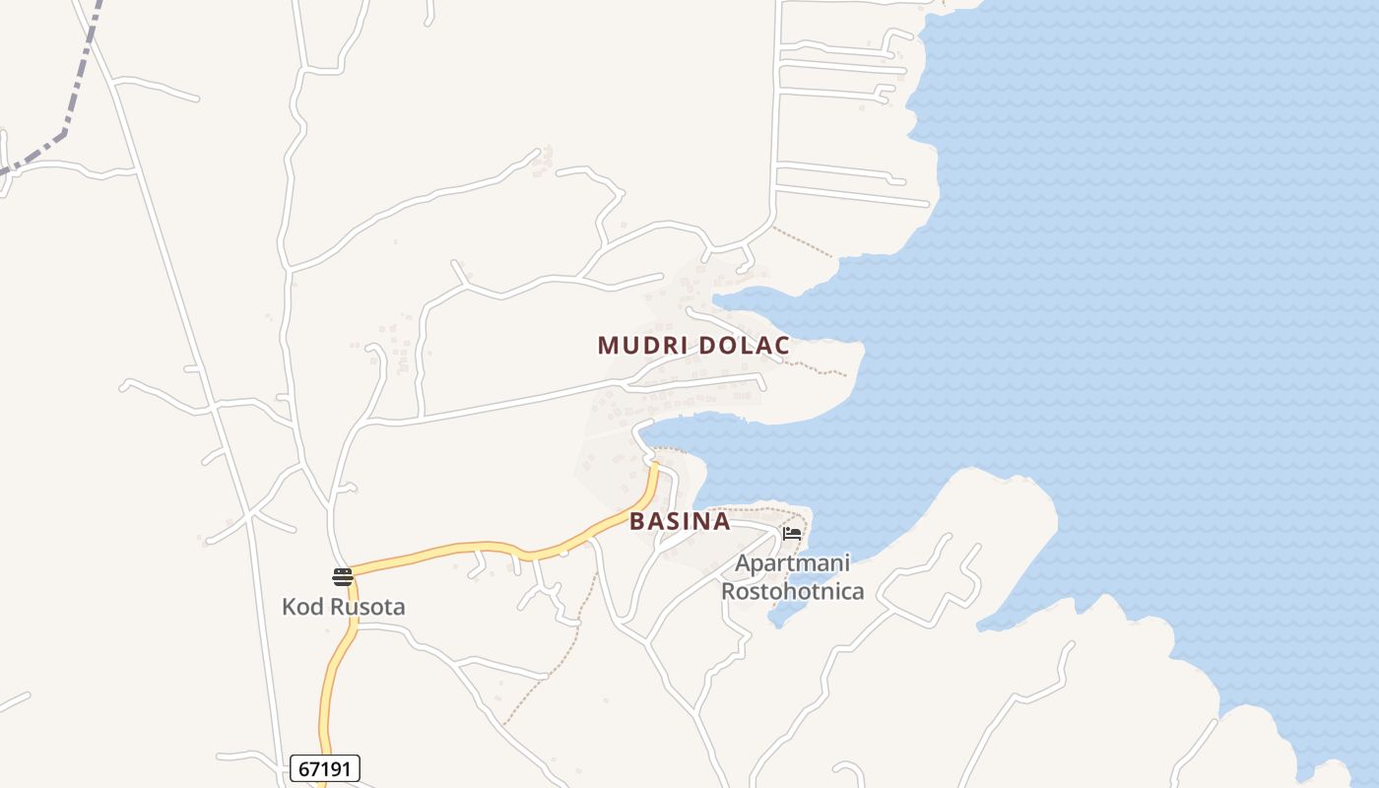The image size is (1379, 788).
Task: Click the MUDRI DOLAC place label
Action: [x=693, y=346]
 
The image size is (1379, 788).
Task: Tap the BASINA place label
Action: [x=680, y=521]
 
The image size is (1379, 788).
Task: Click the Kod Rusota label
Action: [x=343, y=607]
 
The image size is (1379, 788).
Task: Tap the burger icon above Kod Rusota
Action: [x=343, y=576]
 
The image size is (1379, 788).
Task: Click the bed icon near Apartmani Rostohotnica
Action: [x=792, y=534]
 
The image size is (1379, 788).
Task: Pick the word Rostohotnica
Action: [x=792, y=591]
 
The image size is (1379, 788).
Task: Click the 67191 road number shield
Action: [x=325, y=768]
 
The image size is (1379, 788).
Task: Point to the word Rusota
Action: [x=366, y=607]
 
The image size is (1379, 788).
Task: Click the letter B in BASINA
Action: [x=637, y=521]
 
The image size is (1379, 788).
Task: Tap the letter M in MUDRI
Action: [x=608, y=346]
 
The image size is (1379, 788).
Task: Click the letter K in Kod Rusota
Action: [x=289, y=607]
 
